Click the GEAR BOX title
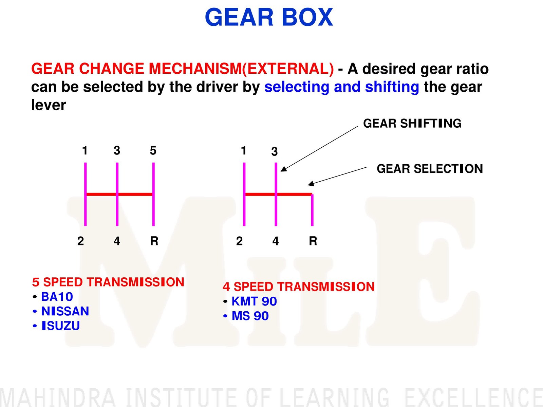(x=269, y=17)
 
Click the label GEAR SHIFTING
(x=412, y=123)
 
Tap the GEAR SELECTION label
(x=430, y=169)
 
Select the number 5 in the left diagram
(x=153, y=150)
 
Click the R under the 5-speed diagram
(x=154, y=241)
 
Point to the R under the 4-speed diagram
(x=313, y=241)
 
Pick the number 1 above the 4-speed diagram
(x=244, y=150)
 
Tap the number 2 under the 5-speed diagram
(x=81, y=241)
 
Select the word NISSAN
(x=65, y=311)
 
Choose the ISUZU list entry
(x=61, y=326)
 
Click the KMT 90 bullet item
(x=254, y=301)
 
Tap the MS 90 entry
(x=250, y=316)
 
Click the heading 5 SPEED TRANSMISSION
(x=108, y=282)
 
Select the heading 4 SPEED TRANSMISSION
(x=299, y=286)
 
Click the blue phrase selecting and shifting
(x=342, y=87)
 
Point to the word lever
(x=49, y=105)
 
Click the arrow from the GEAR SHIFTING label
(x=319, y=149)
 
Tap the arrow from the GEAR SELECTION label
(x=337, y=176)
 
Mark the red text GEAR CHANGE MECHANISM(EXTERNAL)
(x=183, y=69)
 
